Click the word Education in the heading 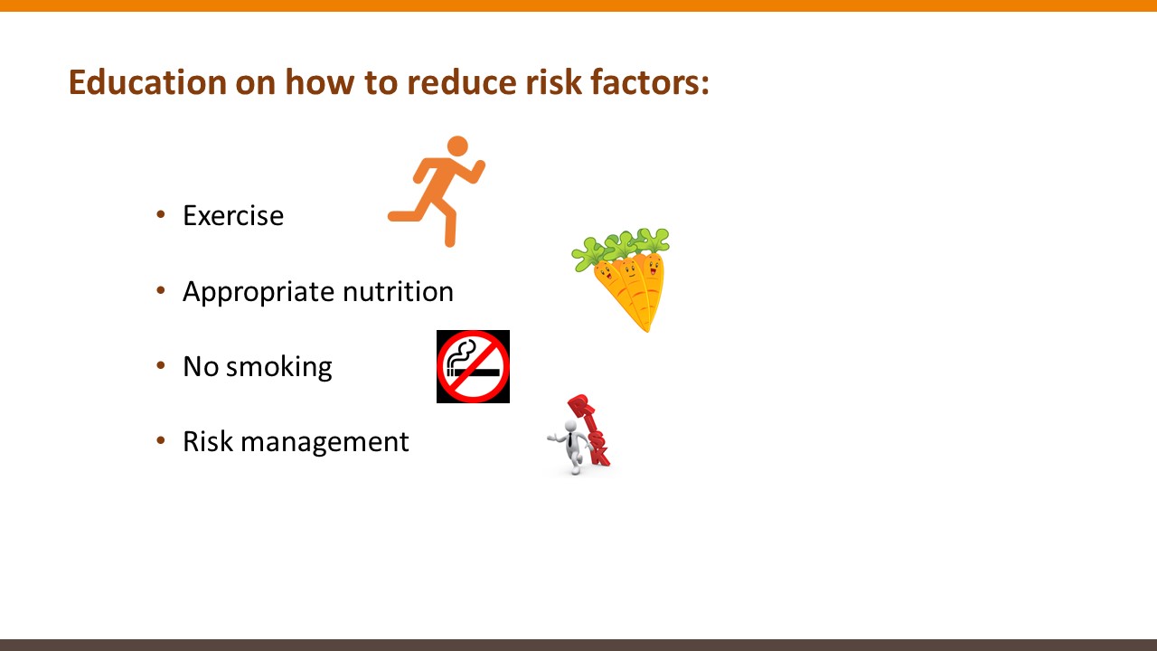click(x=147, y=82)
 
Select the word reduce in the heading click(x=462, y=82)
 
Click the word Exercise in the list click(x=233, y=215)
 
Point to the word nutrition click(x=399, y=291)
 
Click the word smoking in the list click(x=279, y=368)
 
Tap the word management click(x=325, y=443)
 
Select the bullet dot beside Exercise click(x=161, y=214)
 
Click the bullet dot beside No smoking click(x=161, y=366)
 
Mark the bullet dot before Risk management click(x=161, y=440)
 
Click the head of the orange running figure click(x=457, y=146)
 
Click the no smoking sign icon click(x=473, y=366)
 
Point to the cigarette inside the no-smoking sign click(x=473, y=372)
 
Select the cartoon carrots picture click(x=621, y=279)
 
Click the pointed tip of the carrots click(x=646, y=329)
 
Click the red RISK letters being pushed click(x=589, y=429)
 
